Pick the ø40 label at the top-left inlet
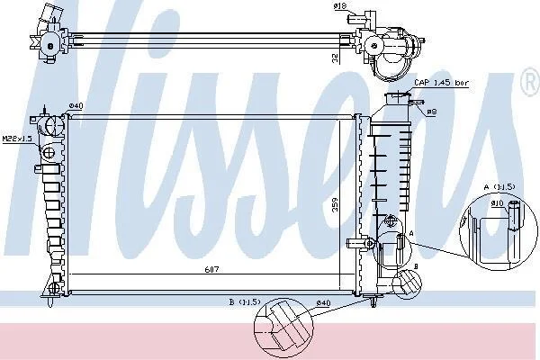pos(76,106)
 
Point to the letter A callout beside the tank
pos(410,232)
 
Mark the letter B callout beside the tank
pos(416,267)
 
